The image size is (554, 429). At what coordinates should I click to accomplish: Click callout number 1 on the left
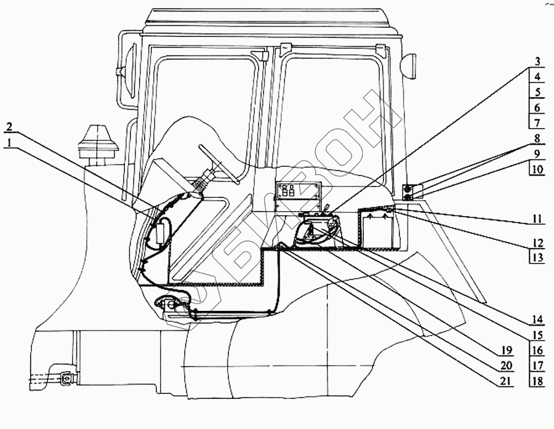9,142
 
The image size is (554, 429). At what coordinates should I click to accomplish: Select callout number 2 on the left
9,127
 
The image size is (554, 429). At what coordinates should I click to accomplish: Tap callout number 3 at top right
537,62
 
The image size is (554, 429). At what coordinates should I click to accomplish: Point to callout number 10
537,169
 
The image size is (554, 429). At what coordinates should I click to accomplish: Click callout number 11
537,218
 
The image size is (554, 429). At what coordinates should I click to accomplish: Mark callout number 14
537,320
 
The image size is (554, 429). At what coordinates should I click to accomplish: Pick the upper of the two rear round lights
407,188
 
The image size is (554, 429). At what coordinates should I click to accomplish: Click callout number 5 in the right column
537,92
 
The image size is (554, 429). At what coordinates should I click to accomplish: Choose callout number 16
537,350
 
